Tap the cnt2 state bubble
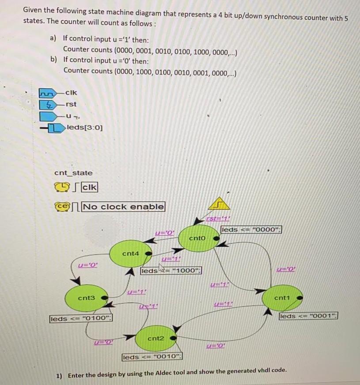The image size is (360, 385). coord(155,338)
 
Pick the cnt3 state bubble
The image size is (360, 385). coord(87,298)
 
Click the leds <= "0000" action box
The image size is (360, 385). coord(251,230)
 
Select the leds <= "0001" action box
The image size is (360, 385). coord(308,316)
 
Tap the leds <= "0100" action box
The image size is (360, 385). coord(81,318)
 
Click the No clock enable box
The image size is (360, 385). coord(124,206)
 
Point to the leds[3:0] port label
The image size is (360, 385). coord(85,128)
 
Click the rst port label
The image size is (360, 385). coord(71,104)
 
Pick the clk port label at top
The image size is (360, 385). coord(71,93)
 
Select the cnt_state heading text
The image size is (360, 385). coord(73,173)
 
